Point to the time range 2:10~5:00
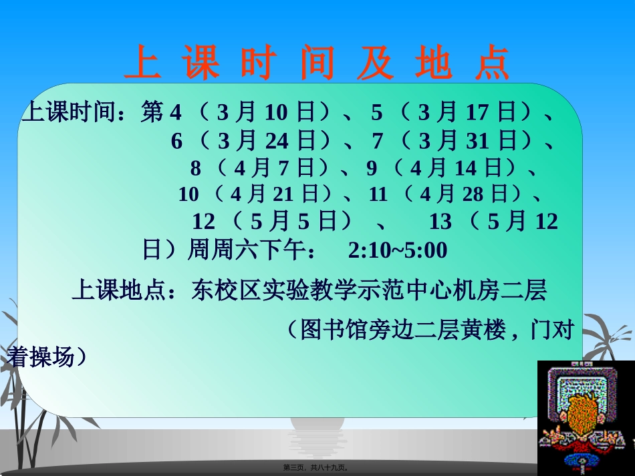[397, 250]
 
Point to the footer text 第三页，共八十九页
[317, 468]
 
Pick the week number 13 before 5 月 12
[440, 221]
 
